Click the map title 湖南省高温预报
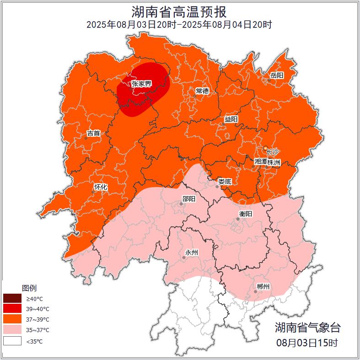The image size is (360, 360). coord(179,11)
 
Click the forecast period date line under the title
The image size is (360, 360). coord(179,24)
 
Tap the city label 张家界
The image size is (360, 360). coord(141,84)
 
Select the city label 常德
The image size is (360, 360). coord(202,91)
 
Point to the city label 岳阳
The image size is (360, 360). coord(277,75)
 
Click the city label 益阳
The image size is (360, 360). coord(231,119)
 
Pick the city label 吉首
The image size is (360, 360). coord(93,134)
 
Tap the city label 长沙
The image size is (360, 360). coord(272,151)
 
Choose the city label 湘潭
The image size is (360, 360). coord(261,162)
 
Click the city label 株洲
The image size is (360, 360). coord(274,162)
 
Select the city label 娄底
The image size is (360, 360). coord(225,182)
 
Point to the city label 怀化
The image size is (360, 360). coord(101,187)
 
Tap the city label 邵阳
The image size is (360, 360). coord(188,199)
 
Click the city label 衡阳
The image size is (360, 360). coord(246,214)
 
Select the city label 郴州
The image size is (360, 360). coord(263,287)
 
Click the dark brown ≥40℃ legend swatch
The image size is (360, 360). coord(12,299)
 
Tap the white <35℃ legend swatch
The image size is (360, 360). coord(12,341)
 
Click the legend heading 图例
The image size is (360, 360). coord(29,288)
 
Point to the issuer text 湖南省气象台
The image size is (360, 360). coord(307,328)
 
